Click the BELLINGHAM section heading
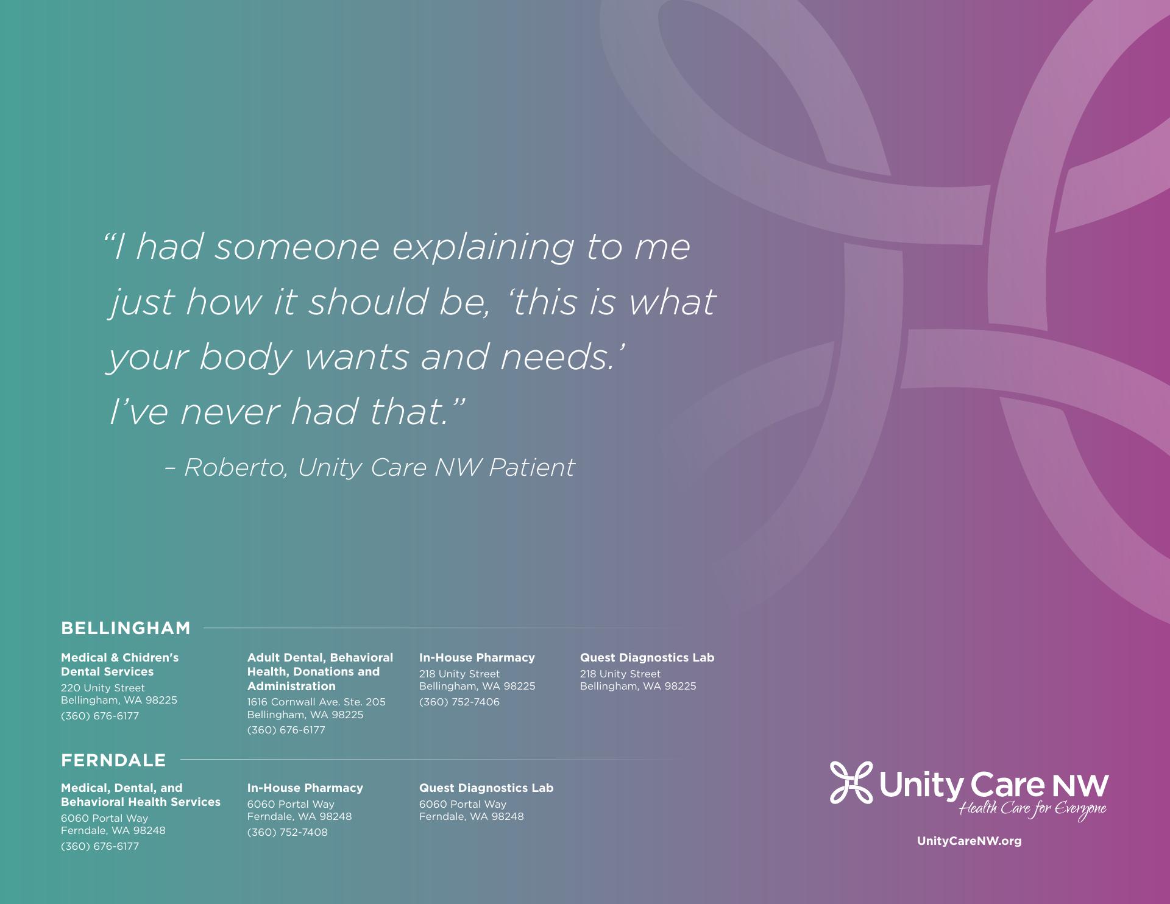click(126, 628)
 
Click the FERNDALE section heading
click(113, 760)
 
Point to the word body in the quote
click(246, 358)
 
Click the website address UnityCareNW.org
click(969, 841)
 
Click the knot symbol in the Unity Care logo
click(851, 783)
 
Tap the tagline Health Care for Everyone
click(1033, 810)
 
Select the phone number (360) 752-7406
click(459, 702)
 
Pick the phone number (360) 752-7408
click(287, 832)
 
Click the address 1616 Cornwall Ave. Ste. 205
click(316, 702)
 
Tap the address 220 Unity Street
click(103, 688)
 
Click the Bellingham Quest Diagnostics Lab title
click(647, 658)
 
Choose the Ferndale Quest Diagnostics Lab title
click(486, 788)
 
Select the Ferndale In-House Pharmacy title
click(305, 788)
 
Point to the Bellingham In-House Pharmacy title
click(477, 658)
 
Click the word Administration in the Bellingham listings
click(291, 686)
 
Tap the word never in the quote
click(229, 412)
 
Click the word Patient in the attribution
click(531, 467)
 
